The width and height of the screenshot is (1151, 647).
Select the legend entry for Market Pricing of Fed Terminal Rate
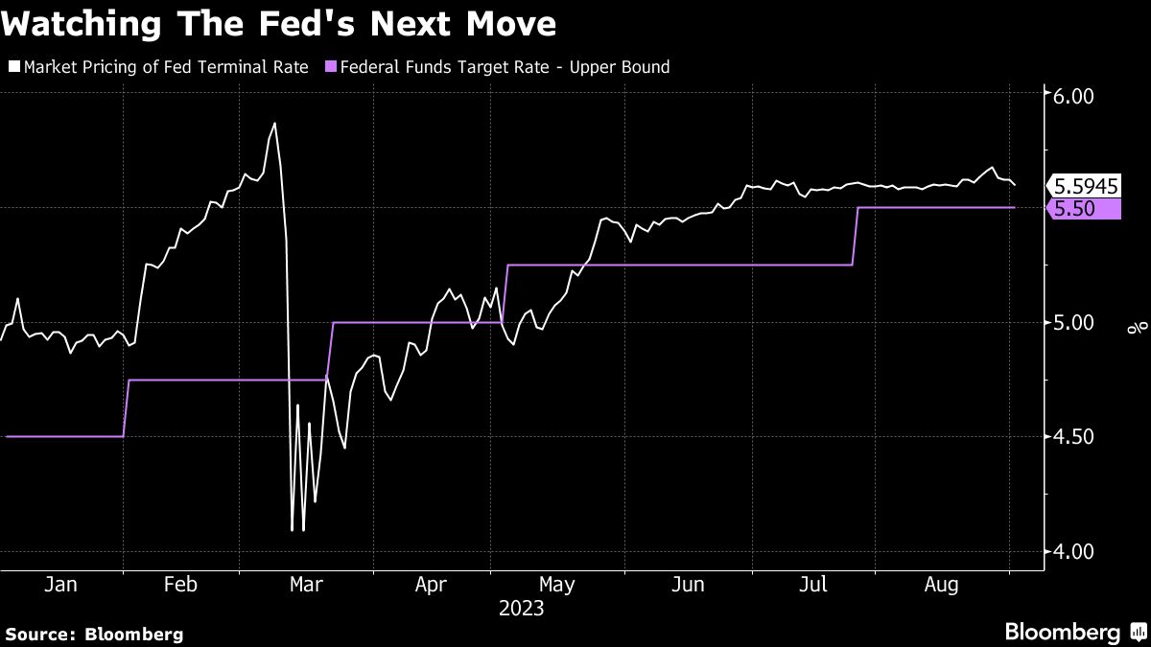pos(158,67)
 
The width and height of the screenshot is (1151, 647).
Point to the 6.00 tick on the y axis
pos(1073,97)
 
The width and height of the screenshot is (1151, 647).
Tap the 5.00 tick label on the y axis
pos(1073,323)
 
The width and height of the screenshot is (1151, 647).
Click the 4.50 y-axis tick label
pos(1073,437)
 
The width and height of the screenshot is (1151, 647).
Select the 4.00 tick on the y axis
pos(1073,551)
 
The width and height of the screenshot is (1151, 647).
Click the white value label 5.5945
pos(1086,186)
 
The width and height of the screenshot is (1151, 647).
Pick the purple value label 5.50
pos(1084,209)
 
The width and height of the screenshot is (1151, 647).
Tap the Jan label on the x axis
pos(60,584)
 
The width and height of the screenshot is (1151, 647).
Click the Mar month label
pos(306,584)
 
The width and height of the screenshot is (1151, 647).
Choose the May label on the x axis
pos(557,584)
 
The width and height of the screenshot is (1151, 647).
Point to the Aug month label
pos(941,584)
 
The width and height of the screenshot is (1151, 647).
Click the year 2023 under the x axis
pos(521,608)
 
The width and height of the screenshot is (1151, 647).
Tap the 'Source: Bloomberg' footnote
pos(94,634)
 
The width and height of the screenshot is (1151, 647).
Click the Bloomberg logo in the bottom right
pos(1074,633)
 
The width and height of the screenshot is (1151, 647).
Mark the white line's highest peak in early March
pos(274,124)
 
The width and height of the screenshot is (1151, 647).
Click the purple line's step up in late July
pos(855,236)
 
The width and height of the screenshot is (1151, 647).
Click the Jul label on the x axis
pos(814,584)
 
